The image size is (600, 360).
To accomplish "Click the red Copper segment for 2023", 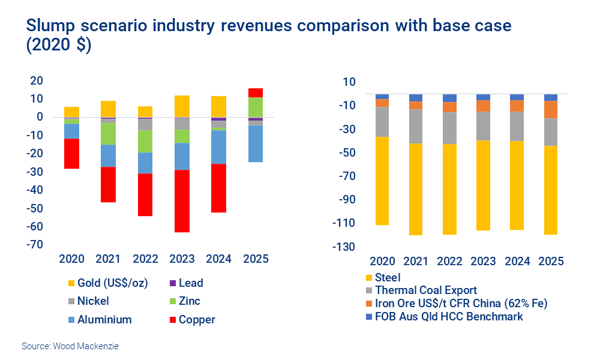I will click(182, 201).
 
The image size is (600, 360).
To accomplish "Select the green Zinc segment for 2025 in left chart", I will click(256, 107).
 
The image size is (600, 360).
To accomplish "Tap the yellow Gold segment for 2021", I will click(108, 109).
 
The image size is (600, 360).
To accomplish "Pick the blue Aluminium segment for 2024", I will click(218, 147).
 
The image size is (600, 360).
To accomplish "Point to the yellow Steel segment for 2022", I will click(449, 189).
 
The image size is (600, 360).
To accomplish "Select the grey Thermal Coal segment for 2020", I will click(382, 122).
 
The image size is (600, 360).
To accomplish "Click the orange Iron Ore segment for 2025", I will click(550, 110).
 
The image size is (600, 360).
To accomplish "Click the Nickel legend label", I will click(93, 301).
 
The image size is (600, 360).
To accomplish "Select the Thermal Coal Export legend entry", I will click(426, 290).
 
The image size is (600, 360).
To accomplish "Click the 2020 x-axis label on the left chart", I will click(72, 259).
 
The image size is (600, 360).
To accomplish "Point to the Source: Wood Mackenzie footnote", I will click(70, 346).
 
